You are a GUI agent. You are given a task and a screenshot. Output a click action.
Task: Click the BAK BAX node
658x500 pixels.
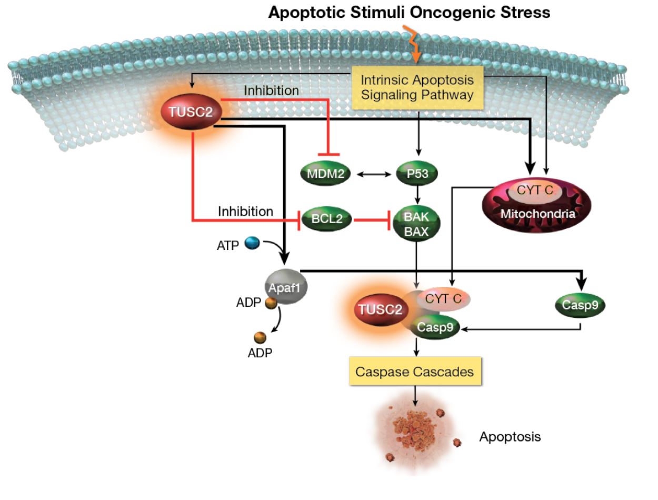pyautogui.click(x=416, y=223)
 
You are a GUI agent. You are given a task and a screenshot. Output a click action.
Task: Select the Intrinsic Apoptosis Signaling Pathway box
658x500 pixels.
pyautogui.click(x=417, y=87)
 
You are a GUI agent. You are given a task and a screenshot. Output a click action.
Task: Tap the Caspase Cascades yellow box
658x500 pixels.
pyautogui.click(x=415, y=372)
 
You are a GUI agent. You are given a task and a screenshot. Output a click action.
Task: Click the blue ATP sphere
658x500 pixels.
pyautogui.click(x=252, y=243)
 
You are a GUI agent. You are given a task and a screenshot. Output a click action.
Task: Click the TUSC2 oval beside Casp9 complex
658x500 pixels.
pyautogui.click(x=380, y=309)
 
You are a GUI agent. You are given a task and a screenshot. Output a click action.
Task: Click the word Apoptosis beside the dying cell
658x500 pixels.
pyautogui.click(x=510, y=437)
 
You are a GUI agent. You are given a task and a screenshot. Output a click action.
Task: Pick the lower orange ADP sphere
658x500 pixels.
pyautogui.click(x=260, y=337)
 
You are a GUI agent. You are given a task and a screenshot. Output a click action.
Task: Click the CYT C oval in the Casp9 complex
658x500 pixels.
pyautogui.click(x=443, y=299)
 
